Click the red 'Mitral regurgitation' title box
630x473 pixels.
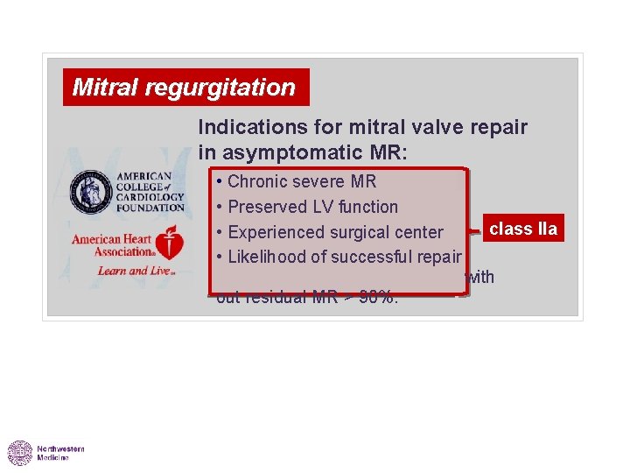[185, 88]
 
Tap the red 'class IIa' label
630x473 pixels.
[522, 229]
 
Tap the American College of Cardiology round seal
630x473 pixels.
[91, 191]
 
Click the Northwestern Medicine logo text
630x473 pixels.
[60, 453]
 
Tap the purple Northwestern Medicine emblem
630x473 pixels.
[20, 453]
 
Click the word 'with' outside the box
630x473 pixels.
[480, 278]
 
